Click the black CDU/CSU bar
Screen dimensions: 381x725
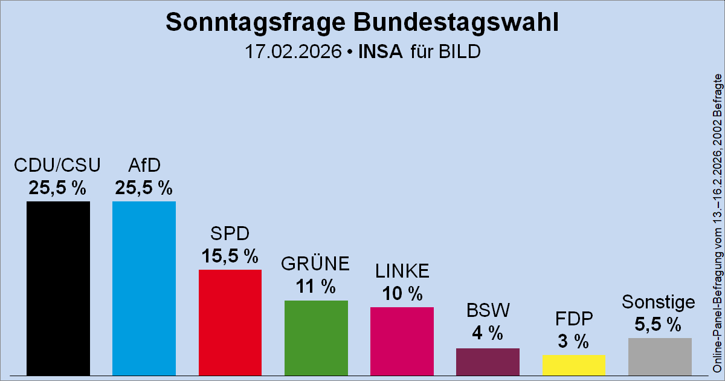point(58,288)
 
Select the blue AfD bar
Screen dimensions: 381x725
point(144,288)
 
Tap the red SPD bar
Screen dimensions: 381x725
point(230,322)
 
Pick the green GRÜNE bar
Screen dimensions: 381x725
point(316,337)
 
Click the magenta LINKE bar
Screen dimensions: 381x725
point(402,340)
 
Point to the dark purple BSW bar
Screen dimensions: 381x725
point(488,361)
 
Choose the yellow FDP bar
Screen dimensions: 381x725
point(573,365)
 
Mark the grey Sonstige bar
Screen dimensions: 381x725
point(660,356)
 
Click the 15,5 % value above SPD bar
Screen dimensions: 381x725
point(230,256)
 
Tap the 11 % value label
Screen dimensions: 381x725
point(315,286)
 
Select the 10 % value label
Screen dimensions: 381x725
point(402,293)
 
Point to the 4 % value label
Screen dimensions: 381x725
point(488,333)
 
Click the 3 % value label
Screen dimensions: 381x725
point(573,341)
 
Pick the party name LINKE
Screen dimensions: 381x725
point(402,272)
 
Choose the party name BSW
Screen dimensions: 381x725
point(488,311)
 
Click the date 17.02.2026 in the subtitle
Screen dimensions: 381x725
point(292,51)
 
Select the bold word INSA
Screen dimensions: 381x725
point(380,51)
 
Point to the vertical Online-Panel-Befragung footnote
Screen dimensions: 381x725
point(717,224)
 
